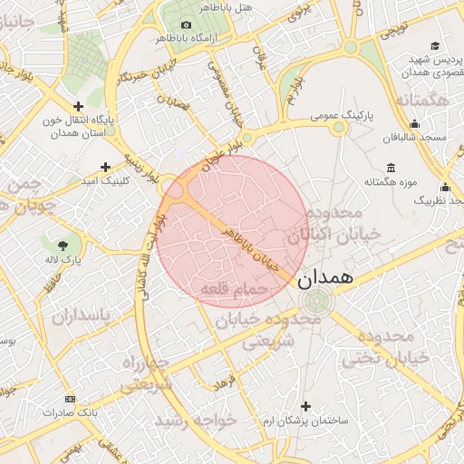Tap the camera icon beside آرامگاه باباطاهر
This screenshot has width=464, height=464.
(187, 24)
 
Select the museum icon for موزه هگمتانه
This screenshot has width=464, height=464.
(391, 168)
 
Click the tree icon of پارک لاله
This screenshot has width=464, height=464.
(63, 245)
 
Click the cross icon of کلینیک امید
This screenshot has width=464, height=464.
(106, 167)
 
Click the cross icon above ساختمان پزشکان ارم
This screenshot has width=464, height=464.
(305, 406)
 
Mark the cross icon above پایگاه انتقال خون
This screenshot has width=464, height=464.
(78, 106)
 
